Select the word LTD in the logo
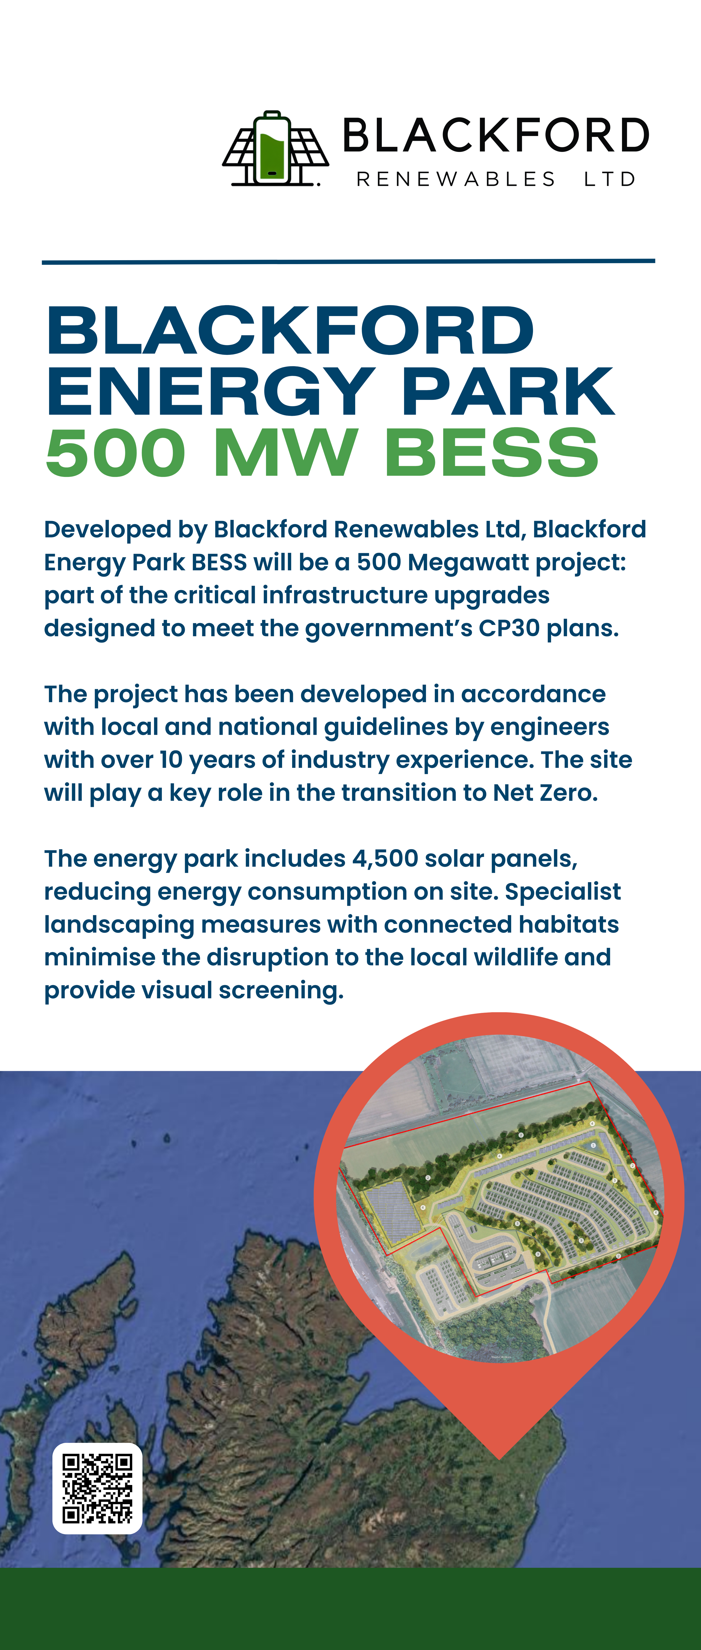tap(609, 179)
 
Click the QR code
tap(97, 1488)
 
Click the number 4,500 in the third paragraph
tap(385, 859)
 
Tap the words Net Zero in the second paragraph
tap(545, 793)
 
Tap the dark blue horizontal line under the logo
tap(348, 261)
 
